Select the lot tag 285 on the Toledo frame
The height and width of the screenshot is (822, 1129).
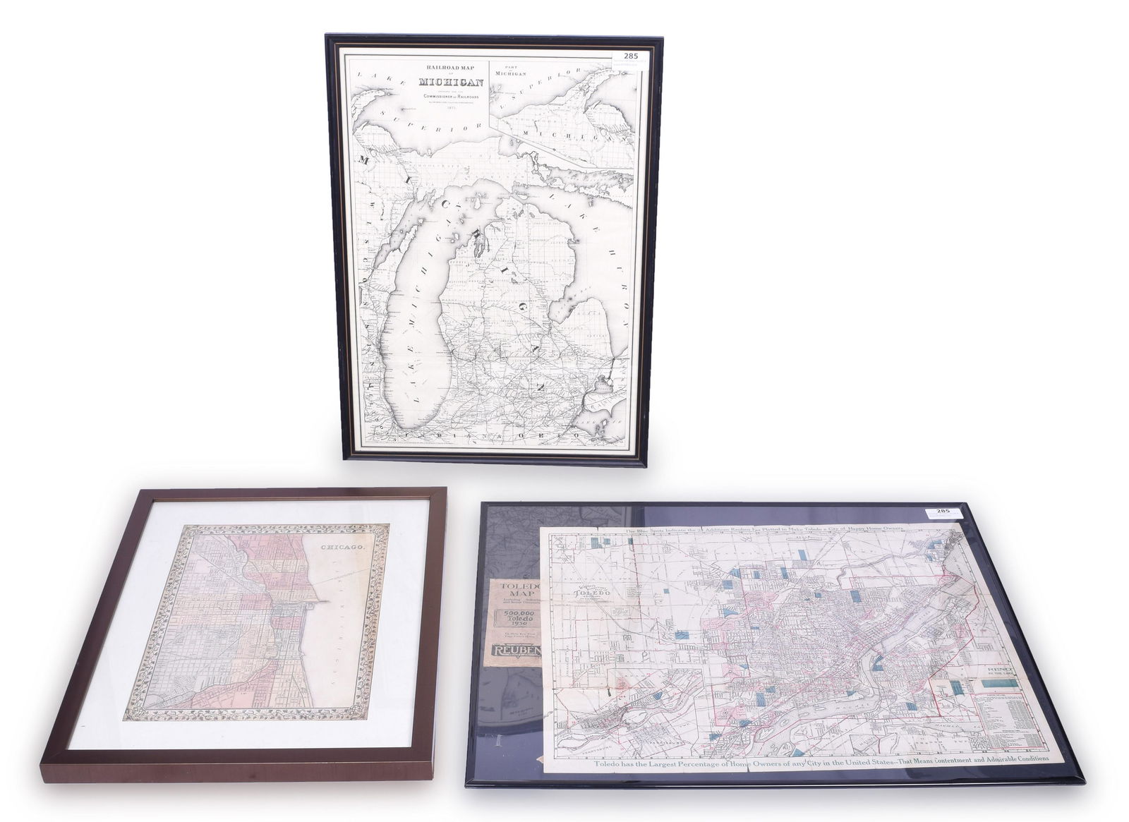pos(943,510)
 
